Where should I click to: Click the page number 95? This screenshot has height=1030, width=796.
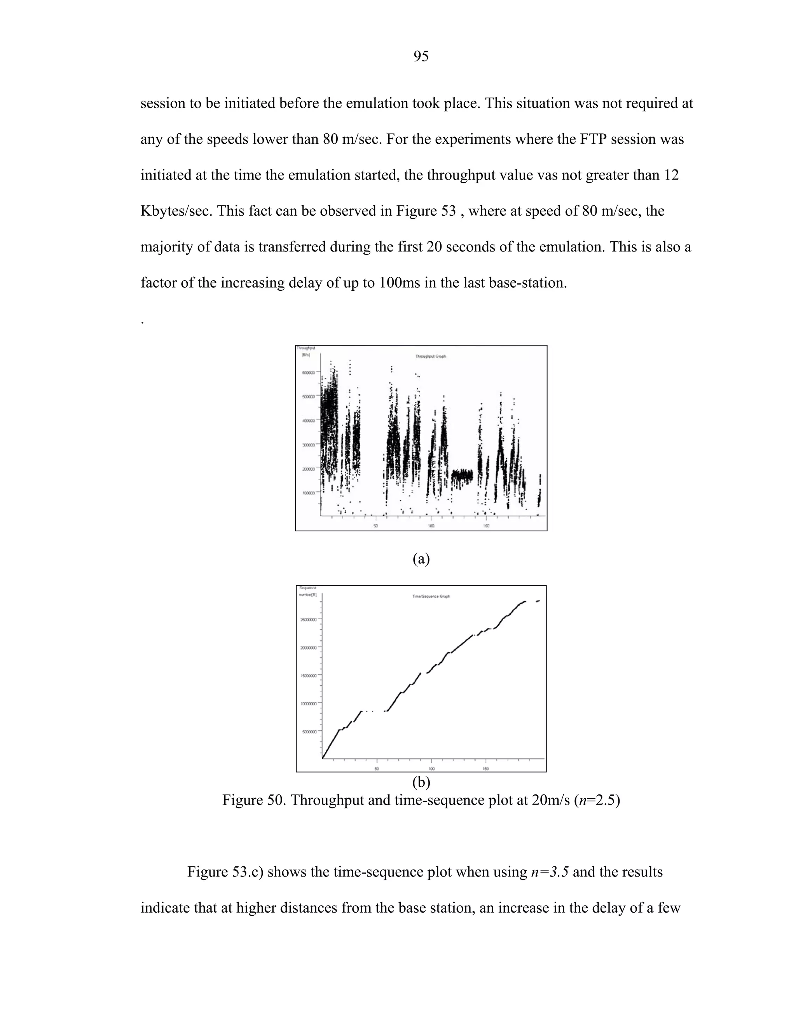[421, 57]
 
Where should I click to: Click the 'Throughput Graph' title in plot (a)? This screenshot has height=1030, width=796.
[430, 356]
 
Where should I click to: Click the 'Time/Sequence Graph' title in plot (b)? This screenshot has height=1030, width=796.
[431, 596]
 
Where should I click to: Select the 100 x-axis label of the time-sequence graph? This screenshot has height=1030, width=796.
[431, 768]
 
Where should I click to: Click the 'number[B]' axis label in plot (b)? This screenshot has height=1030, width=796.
[308, 595]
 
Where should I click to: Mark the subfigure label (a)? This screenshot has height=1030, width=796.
[421, 559]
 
